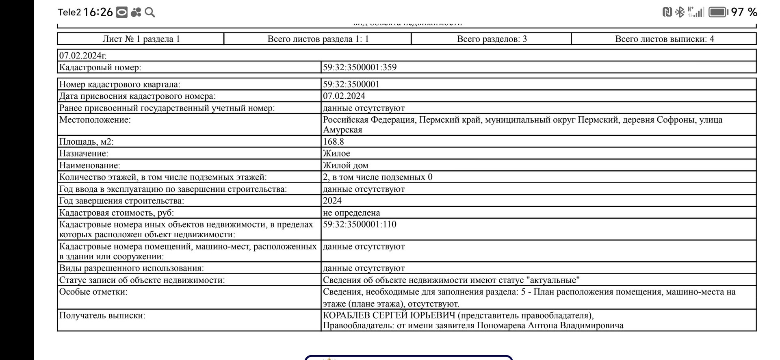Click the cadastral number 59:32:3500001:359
click(x=360, y=67)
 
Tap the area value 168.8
click(x=334, y=142)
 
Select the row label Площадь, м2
click(x=87, y=142)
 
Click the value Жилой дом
click(x=345, y=165)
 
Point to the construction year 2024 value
click(x=332, y=201)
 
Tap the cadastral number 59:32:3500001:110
click(x=360, y=224)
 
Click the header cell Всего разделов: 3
click(x=492, y=39)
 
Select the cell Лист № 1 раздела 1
click(x=141, y=39)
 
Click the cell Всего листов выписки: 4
click(x=664, y=39)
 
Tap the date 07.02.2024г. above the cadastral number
click(x=83, y=56)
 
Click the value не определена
click(x=351, y=213)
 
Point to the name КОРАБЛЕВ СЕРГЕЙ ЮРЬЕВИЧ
click(x=389, y=316)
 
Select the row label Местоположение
click(x=95, y=120)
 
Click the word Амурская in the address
click(x=342, y=130)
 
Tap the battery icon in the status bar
click(x=718, y=12)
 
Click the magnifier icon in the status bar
click(x=150, y=13)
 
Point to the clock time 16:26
click(x=98, y=12)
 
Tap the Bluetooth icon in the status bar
click(x=680, y=12)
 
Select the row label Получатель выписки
click(x=102, y=316)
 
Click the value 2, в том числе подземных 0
click(x=377, y=177)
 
